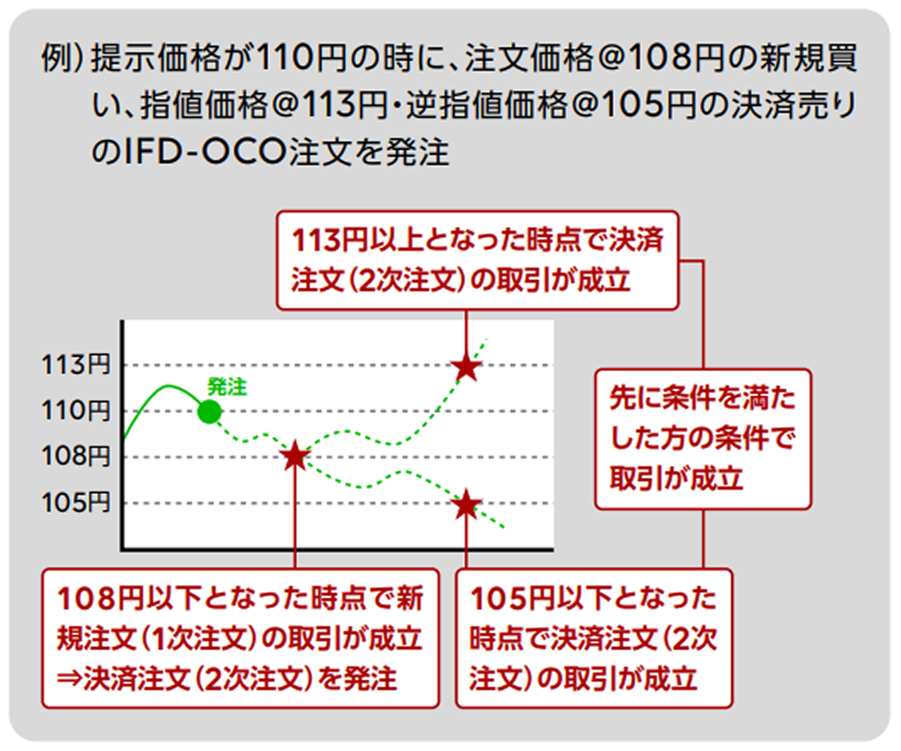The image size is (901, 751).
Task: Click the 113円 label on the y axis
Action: (76, 365)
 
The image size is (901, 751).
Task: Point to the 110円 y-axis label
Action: (76, 411)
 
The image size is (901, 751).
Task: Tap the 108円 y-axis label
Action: (76, 457)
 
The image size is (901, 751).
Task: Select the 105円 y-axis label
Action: (76, 502)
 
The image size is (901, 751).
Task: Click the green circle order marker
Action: (209, 412)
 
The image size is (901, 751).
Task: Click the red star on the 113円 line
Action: (466, 366)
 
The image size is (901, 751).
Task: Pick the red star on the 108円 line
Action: (295, 457)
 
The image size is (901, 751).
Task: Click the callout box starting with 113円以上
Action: (477, 260)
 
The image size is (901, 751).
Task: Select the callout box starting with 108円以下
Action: (240, 638)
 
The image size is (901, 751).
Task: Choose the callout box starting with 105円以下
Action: (594, 638)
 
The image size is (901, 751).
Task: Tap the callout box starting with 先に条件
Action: (703, 439)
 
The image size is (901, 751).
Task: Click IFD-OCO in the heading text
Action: (204, 152)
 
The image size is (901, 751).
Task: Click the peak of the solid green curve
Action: (168, 386)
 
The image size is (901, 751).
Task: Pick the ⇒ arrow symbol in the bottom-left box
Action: (69, 679)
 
